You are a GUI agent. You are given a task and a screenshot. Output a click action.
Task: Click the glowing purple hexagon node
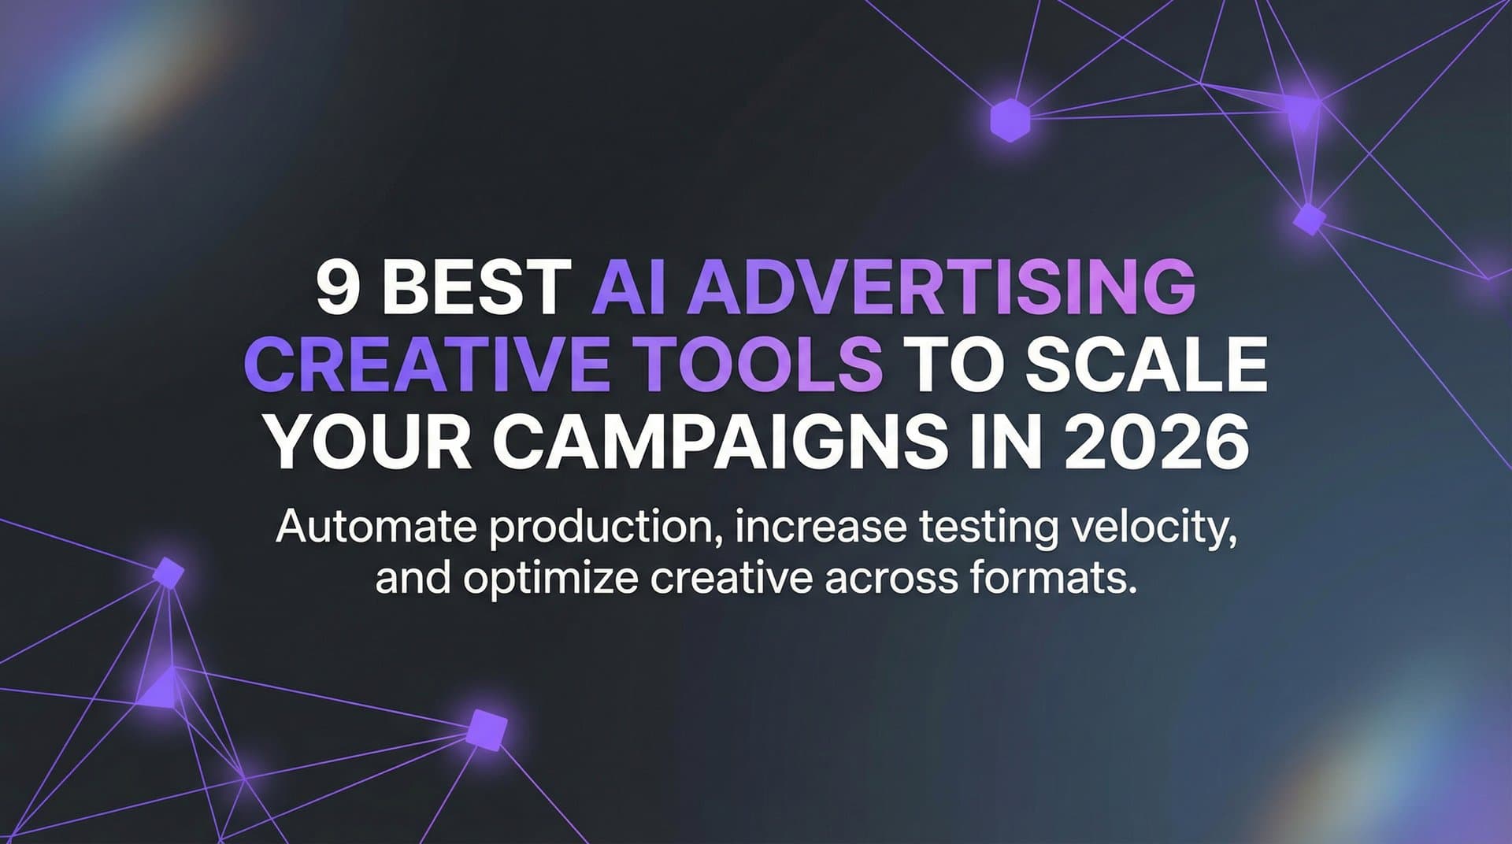tap(1010, 120)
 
